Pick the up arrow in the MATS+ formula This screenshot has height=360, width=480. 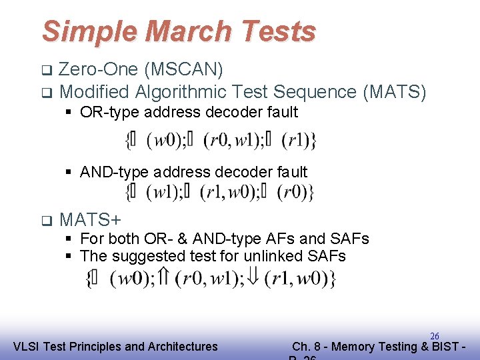click(x=165, y=277)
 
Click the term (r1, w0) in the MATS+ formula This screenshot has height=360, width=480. click(x=296, y=278)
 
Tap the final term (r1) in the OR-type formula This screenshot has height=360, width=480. click(x=295, y=141)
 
